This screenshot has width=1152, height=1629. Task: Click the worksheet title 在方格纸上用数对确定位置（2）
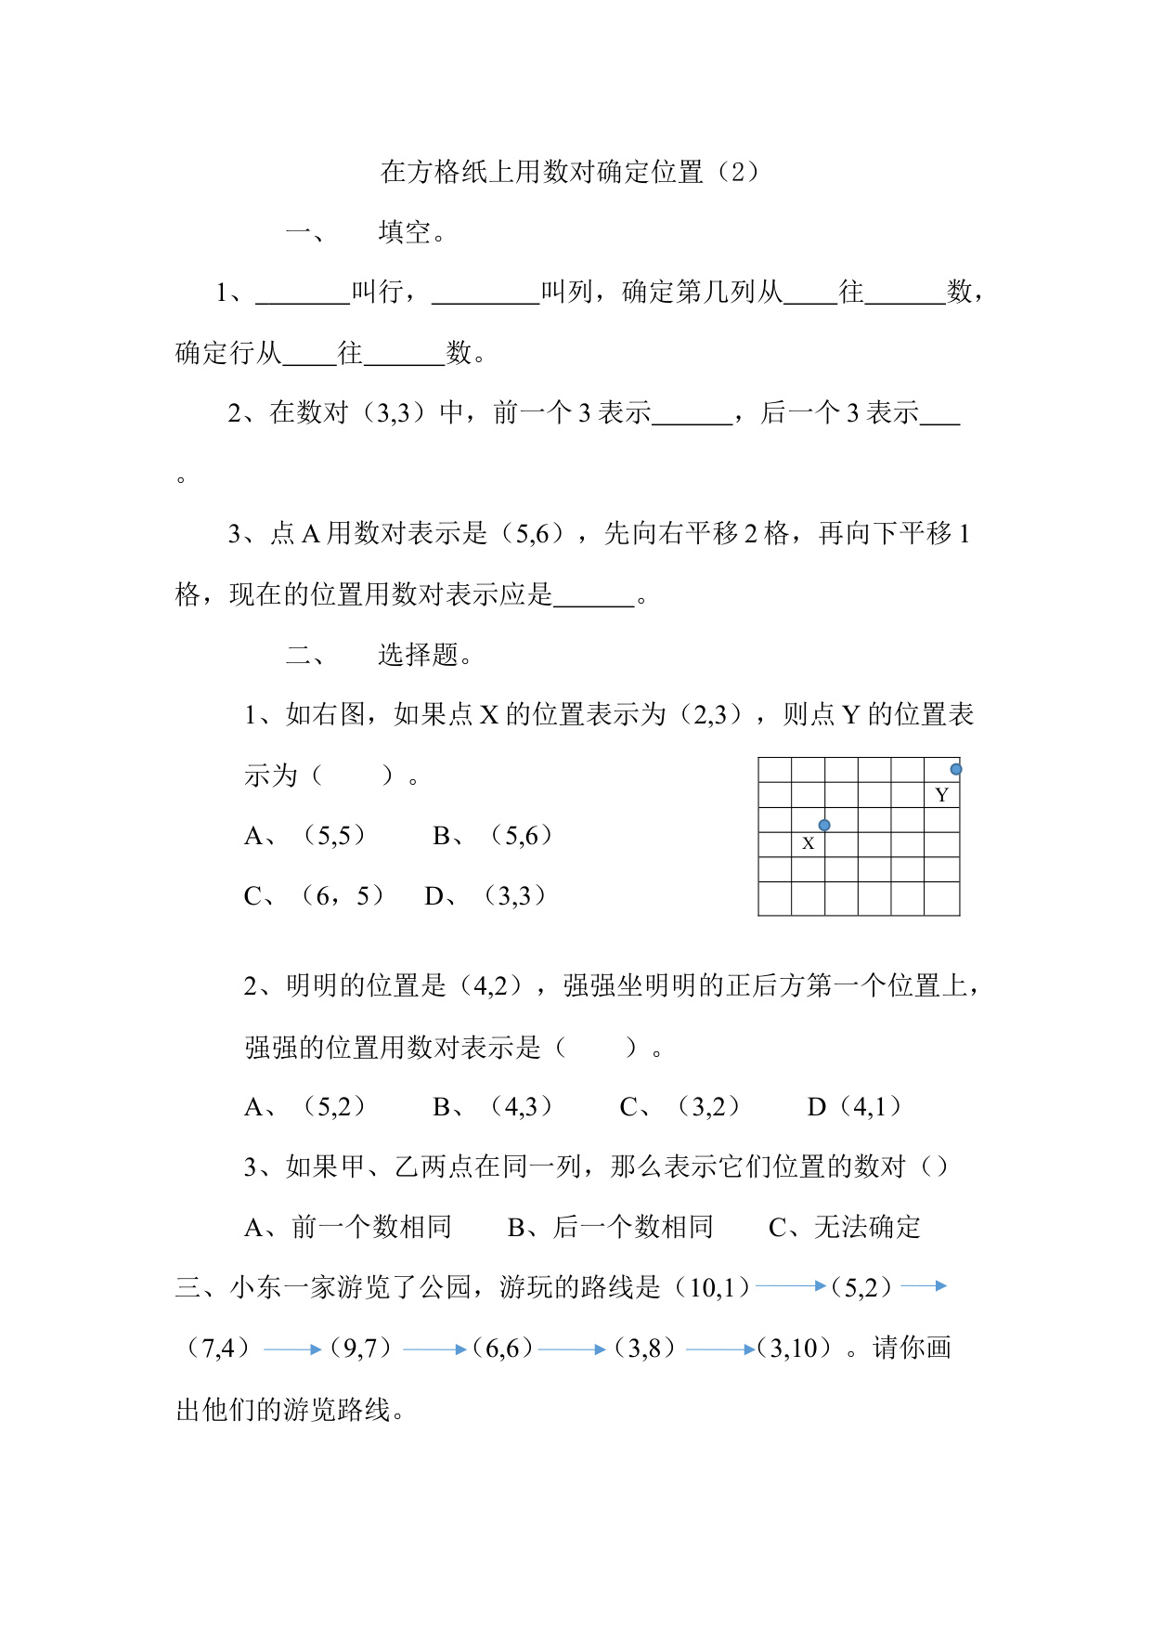[569, 172]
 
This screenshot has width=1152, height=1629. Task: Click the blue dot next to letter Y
[955, 769]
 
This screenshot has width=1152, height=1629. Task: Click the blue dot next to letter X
[823, 825]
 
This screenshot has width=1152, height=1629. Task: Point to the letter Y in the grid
[941, 795]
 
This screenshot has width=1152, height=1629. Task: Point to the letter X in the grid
[808, 843]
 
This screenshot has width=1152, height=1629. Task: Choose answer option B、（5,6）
[493, 836]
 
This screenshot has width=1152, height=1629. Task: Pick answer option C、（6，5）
[314, 896]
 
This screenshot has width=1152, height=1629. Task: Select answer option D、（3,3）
[485, 896]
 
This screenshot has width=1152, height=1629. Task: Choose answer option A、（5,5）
[305, 836]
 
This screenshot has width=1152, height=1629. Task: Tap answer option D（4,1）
[854, 1106]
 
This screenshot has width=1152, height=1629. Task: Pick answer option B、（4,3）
[493, 1106]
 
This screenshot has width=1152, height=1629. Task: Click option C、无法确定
[845, 1227]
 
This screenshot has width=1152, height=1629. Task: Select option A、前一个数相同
[348, 1227]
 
